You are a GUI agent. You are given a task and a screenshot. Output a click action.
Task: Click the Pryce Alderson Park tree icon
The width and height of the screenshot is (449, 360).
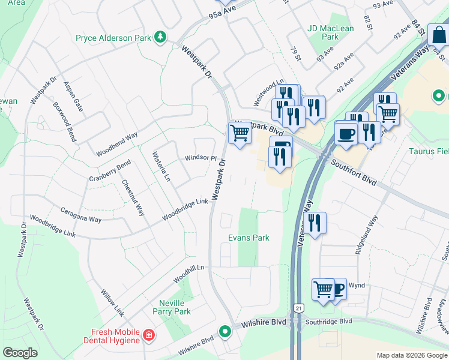coord(160,38)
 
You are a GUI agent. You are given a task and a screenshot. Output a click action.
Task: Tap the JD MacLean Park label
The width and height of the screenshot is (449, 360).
coord(322,32)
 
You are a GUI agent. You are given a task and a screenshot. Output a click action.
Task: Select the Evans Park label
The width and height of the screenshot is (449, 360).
coord(249,238)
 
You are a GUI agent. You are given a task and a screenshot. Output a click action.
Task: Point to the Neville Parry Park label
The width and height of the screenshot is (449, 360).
coord(175,307)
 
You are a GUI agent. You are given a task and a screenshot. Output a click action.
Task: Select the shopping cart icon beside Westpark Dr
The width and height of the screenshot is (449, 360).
coord(240,133)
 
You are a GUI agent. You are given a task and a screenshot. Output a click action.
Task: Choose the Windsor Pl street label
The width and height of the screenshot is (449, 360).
coord(200,158)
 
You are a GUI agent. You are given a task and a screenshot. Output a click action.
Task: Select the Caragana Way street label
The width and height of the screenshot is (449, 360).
coord(80,215)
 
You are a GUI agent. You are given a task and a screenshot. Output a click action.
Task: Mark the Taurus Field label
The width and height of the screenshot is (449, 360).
coord(429,152)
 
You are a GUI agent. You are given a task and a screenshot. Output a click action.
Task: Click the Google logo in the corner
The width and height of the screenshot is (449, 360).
coord(20,352)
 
